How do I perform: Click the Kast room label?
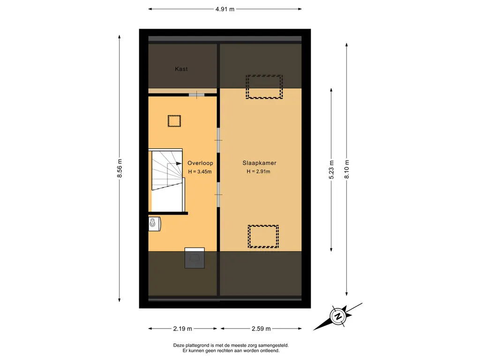181,69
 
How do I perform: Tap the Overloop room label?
200,163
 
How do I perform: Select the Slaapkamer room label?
259,163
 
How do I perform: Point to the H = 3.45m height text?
200,172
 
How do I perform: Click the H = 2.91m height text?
258,172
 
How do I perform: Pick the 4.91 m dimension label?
225,9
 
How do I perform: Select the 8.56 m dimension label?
120,168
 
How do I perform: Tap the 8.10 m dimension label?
346,169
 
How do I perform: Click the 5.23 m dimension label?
331,170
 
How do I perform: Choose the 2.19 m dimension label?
182,329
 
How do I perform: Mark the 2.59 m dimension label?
261,329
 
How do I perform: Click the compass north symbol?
338,316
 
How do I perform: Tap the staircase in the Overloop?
167,180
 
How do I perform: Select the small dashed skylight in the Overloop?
174,121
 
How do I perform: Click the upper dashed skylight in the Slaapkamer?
264,87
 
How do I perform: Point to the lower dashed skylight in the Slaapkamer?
263,237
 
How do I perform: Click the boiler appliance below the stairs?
155,224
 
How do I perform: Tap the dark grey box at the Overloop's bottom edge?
195,258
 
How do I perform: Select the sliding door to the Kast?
196,95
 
